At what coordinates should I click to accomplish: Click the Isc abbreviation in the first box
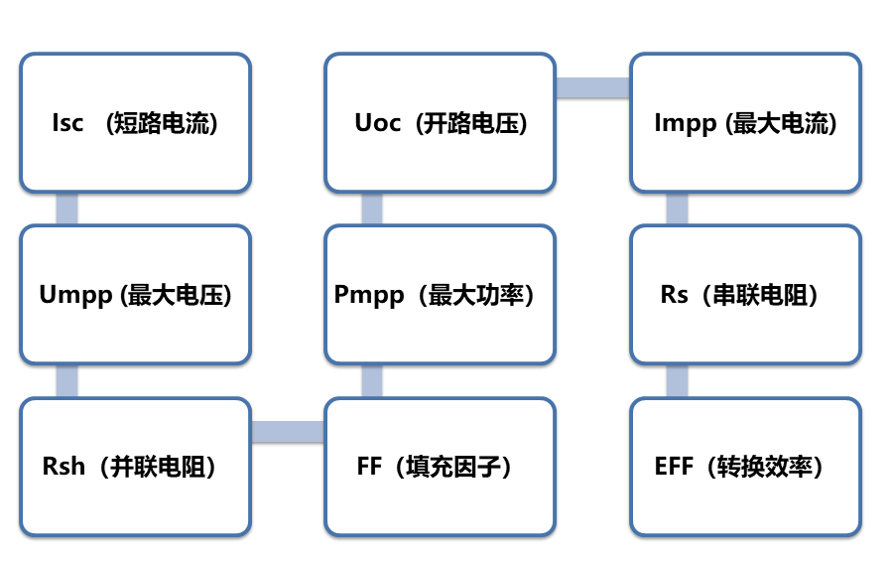pyautogui.click(x=67, y=123)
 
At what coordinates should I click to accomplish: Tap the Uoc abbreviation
pyautogui.click(x=378, y=123)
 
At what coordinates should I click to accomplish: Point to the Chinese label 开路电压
pyautogui.click(x=470, y=123)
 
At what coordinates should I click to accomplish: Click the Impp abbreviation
pyautogui.click(x=687, y=123)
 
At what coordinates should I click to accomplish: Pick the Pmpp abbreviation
pyautogui.click(x=369, y=295)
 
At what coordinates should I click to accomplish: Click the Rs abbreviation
pyautogui.click(x=674, y=295)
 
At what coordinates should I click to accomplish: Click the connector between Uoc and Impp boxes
pyautogui.click(x=592, y=87)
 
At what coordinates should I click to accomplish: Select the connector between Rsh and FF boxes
pyautogui.click(x=288, y=432)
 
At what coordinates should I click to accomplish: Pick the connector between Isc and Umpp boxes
pyautogui.click(x=66, y=209)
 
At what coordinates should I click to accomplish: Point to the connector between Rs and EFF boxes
pyautogui.click(x=677, y=380)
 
